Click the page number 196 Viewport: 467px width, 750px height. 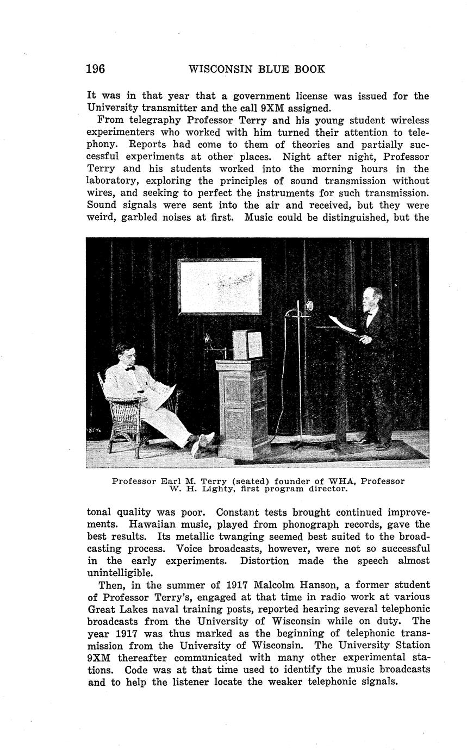coord(96,69)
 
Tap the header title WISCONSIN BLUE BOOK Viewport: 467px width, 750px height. coord(257,69)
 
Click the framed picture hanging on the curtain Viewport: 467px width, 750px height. coord(220,286)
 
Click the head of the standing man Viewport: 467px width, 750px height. coord(373,299)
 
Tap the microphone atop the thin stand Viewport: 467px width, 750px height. coord(309,306)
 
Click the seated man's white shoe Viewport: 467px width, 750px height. coord(205,439)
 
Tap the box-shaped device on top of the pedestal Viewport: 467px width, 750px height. coord(247,344)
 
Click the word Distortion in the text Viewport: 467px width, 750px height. coord(265,560)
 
